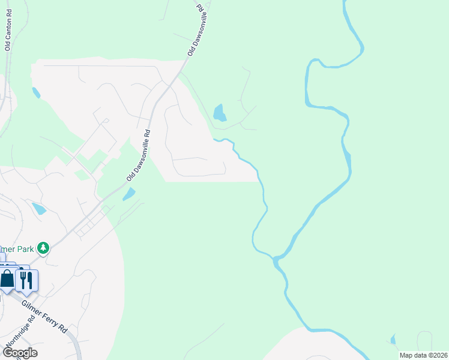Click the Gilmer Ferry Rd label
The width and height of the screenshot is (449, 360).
[44, 316]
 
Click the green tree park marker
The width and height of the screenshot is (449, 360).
[43, 248]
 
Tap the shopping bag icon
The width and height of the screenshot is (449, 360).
[8, 279]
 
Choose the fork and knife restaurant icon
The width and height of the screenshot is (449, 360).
[26, 280]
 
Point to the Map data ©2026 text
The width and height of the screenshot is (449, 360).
[423, 355]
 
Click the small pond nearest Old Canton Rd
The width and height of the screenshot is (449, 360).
[36, 92]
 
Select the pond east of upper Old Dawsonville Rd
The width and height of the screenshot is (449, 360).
[220, 112]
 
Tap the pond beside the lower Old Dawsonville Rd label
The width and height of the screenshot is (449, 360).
[129, 194]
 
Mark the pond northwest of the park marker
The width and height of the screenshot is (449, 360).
[39, 209]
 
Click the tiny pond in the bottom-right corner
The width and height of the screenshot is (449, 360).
[393, 340]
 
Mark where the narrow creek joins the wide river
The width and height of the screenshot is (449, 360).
[275, 259]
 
